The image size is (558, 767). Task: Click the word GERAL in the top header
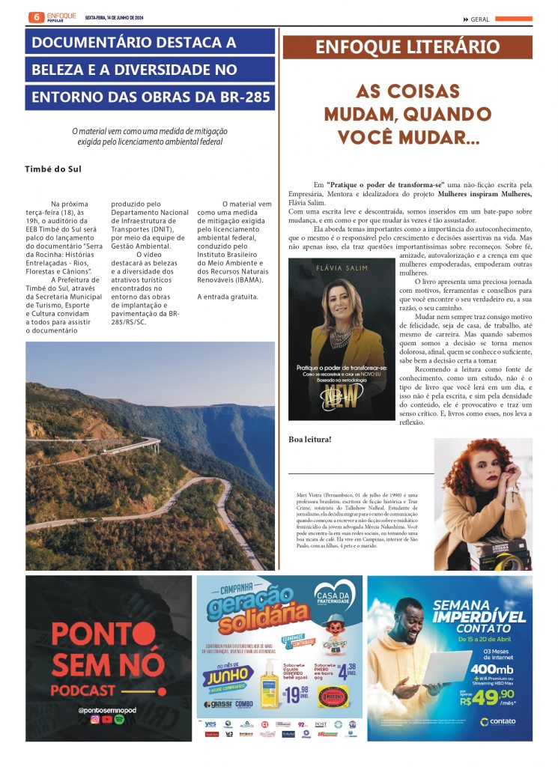(x=482, y=19)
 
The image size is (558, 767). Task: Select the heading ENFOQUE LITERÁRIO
(x=407, y=47)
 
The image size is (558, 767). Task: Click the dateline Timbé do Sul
(x=53, y=169)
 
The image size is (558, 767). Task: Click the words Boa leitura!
(x=310, y=439)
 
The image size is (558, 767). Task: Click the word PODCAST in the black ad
(x=83, y=690)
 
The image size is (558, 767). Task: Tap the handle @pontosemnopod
(x=108, y=708)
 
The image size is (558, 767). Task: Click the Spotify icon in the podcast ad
(x=120, y=720)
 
